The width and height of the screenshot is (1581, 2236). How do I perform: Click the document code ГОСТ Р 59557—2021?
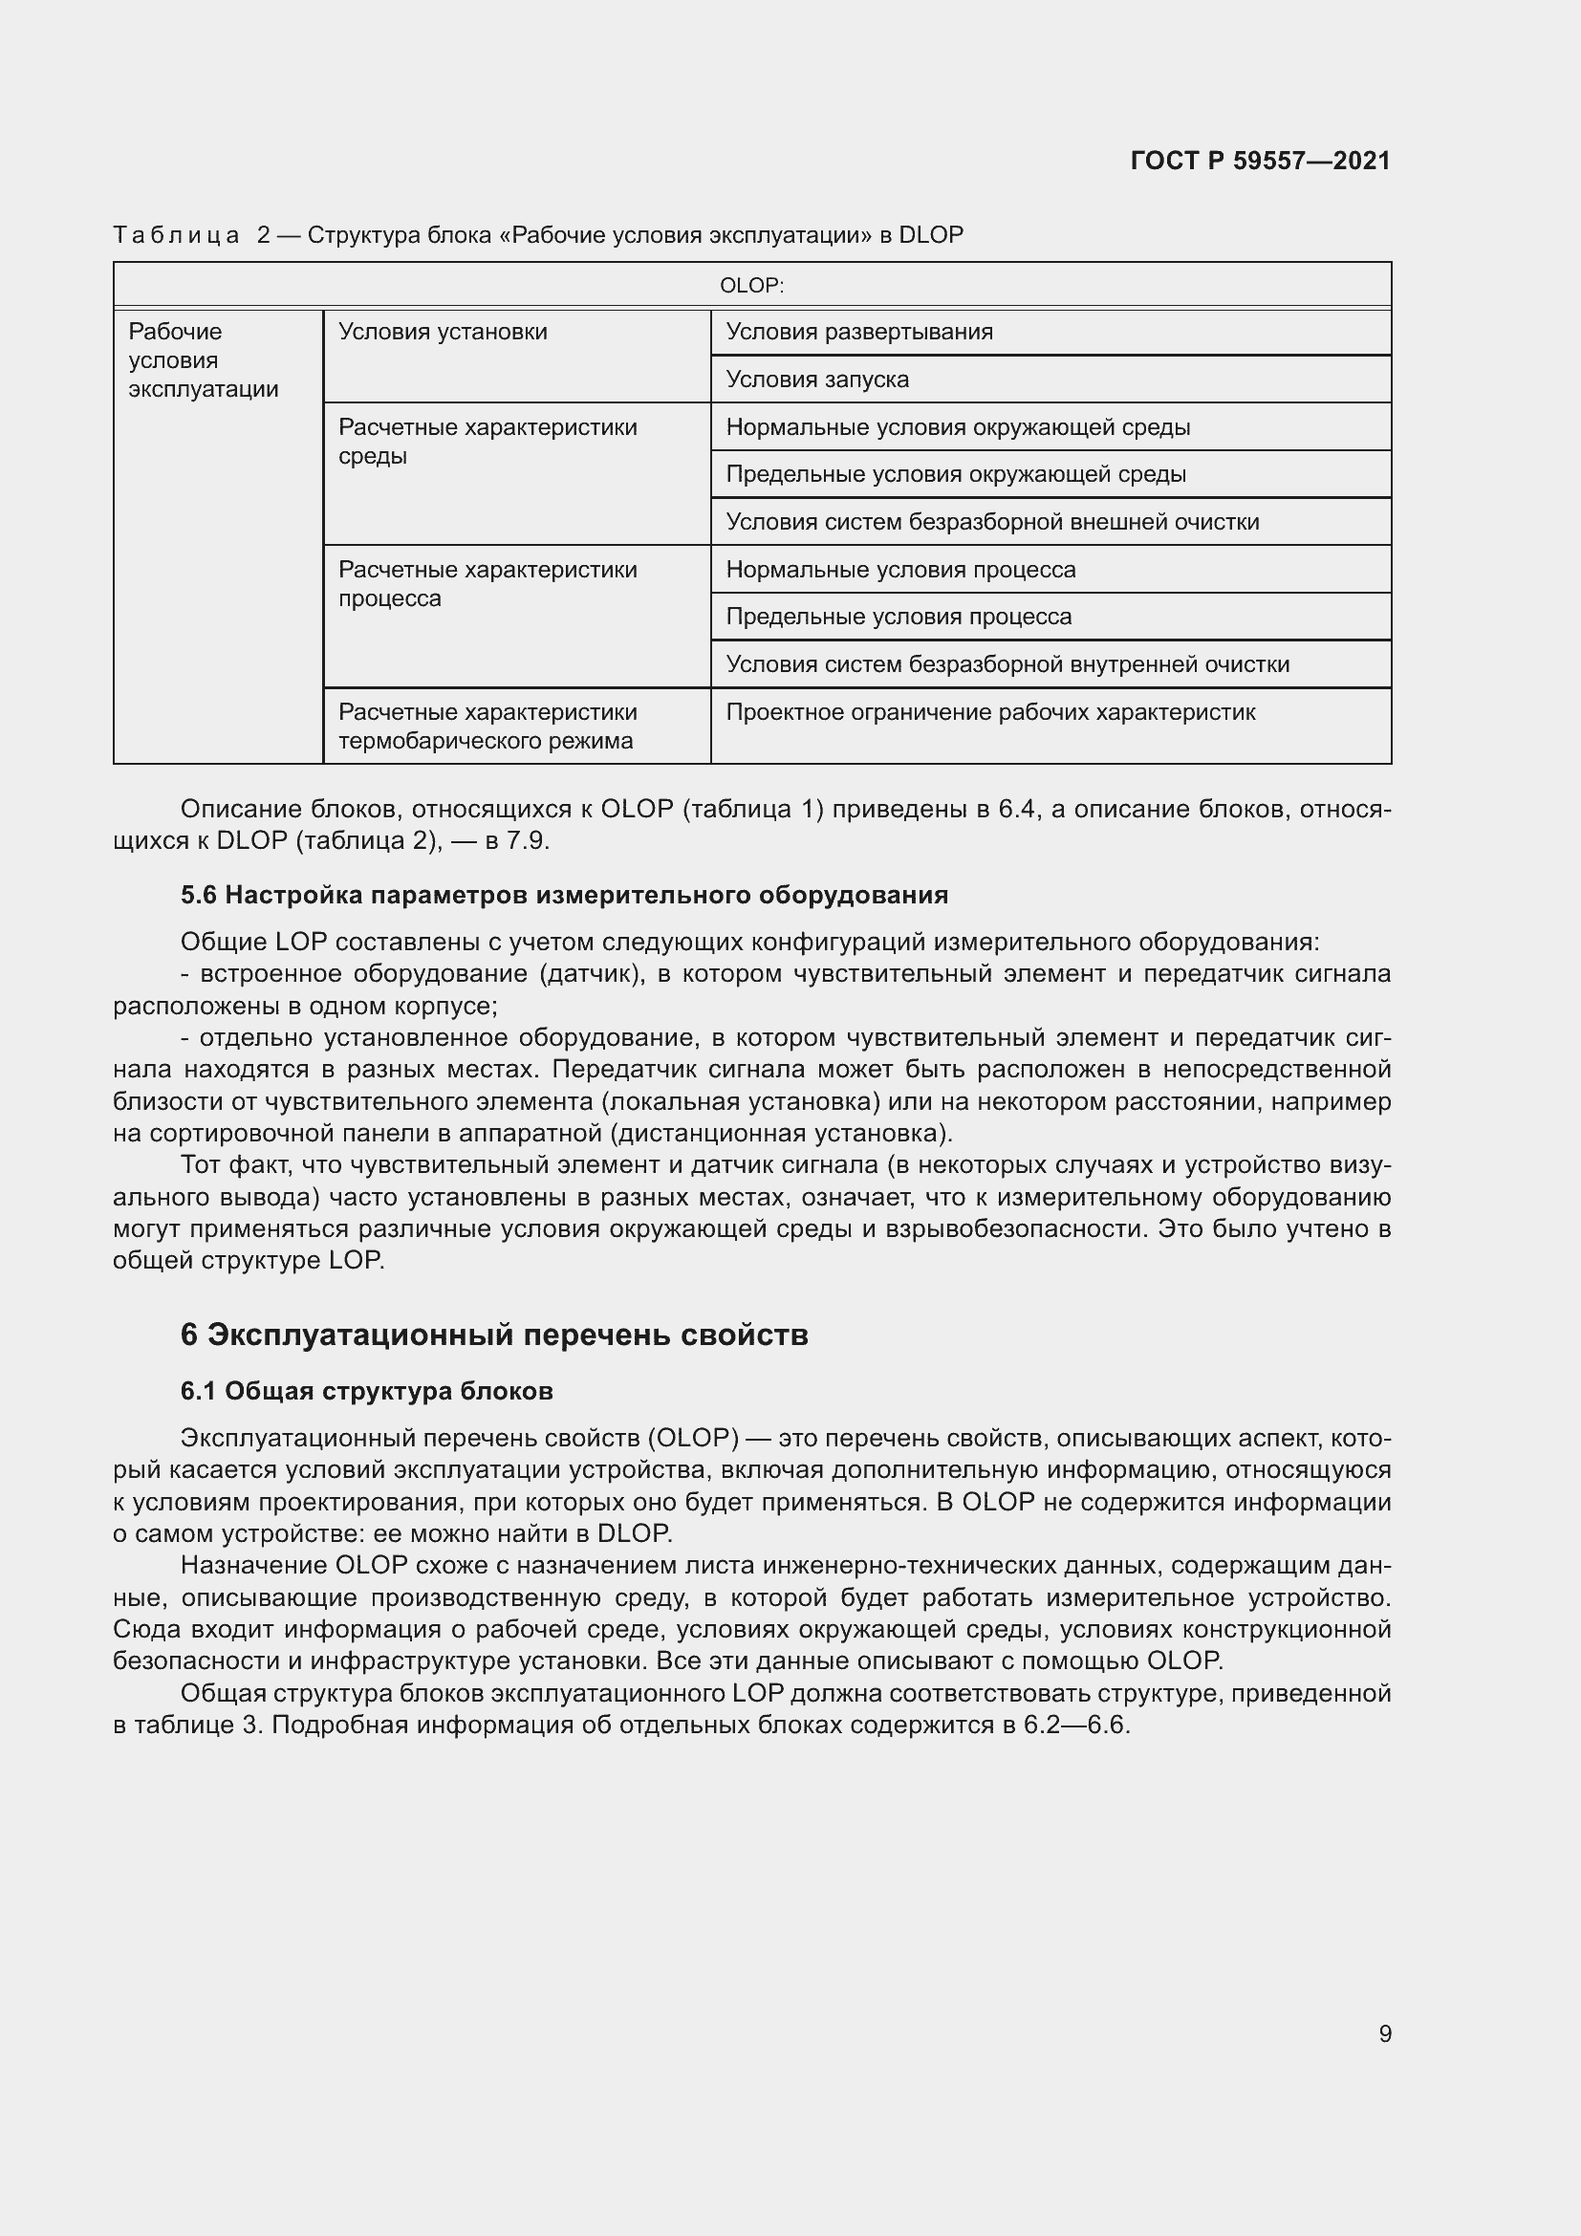tap(1260, 161)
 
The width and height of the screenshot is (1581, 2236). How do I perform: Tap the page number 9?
tap(1384, 2033)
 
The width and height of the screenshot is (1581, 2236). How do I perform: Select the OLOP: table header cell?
tap(751, 285)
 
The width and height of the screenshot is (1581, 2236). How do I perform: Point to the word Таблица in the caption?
tap(176, 236)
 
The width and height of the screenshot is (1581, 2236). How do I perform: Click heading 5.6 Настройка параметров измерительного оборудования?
tap(564, 895)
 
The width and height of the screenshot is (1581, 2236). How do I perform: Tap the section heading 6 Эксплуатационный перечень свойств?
tap(493, 1335)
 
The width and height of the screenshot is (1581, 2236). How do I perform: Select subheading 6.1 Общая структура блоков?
tap(366, 1392)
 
